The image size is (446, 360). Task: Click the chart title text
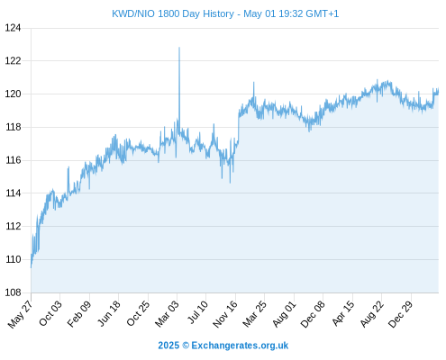225,13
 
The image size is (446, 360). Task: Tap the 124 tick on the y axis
13,28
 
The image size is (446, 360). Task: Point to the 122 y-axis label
13,61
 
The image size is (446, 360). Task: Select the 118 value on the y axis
13,127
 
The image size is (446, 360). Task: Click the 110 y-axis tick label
13,259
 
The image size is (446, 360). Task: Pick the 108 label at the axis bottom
13,292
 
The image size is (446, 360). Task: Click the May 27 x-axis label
21,314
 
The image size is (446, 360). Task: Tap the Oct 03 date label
50,313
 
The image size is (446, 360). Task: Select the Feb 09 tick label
79,314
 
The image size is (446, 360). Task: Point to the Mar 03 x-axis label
167,314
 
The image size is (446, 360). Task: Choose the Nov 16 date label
225,314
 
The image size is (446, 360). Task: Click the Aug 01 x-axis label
285,314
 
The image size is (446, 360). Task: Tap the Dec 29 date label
401,314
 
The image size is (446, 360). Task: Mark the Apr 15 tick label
343,313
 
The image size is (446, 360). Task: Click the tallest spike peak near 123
179,48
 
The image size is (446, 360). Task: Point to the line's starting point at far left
31,267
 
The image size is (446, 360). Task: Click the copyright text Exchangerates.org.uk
240,346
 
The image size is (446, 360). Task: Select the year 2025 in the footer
168,346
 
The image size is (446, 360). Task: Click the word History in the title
218,14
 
